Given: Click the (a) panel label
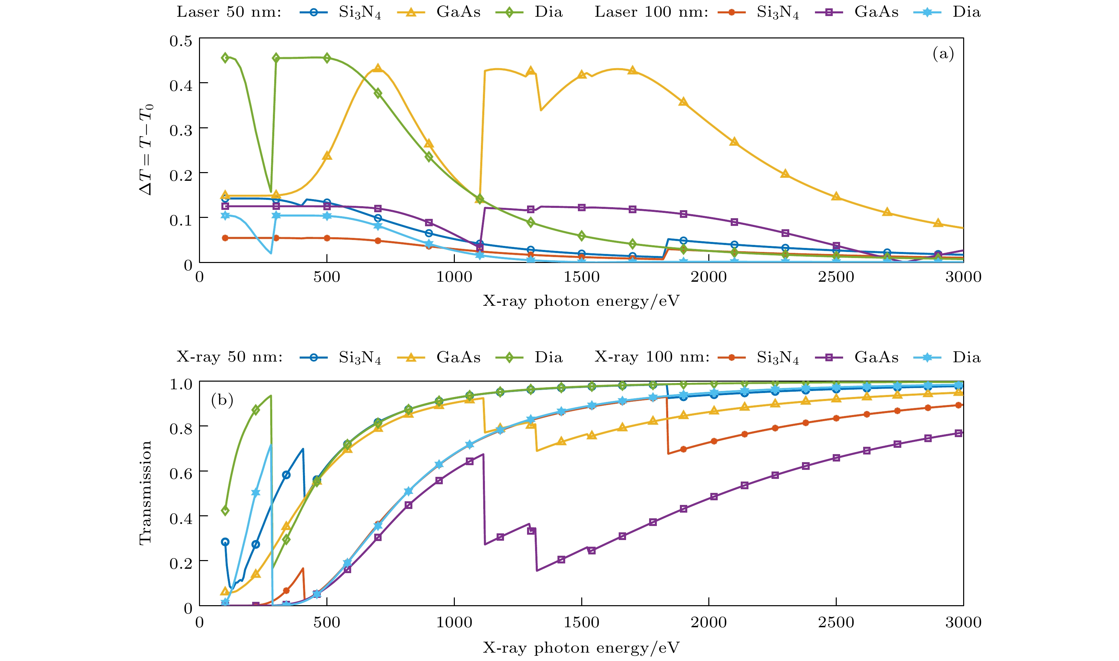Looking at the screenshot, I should [943, 54].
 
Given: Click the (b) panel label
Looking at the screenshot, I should [222, 400].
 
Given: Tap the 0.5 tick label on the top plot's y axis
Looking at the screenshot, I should [181, 41].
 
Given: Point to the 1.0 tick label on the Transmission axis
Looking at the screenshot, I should [181, 384].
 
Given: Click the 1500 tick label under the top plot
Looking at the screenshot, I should [581, 277].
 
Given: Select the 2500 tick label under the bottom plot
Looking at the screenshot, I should [836, 622].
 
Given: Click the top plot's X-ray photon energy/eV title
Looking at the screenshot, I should [581, 301].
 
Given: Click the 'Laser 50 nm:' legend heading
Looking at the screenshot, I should [229, 12].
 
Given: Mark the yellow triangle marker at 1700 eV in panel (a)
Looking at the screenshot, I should [632, 71].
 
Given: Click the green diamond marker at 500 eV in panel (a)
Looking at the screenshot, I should [327, 58].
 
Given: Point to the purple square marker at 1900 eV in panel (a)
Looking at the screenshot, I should [683, 214].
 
